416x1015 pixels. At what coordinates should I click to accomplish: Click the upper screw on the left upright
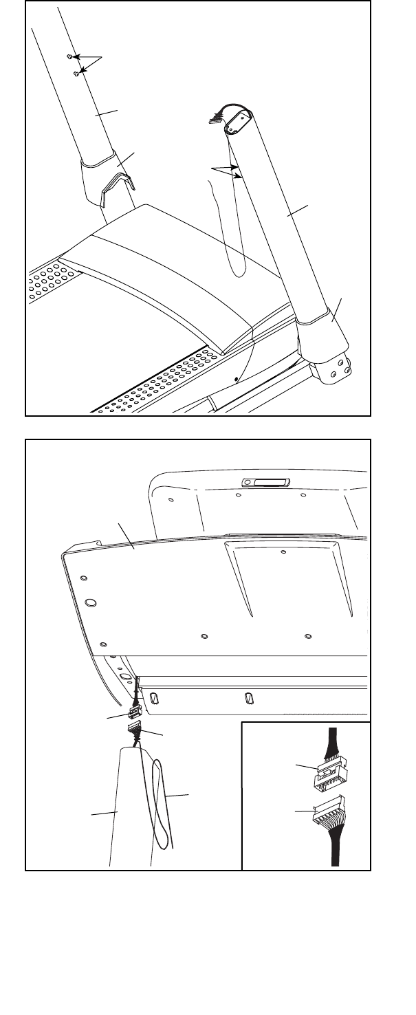click(x=70, y=56)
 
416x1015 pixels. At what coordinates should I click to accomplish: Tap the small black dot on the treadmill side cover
click(x=237, y=378)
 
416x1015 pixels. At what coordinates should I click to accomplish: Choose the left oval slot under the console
click(x=154, y=699)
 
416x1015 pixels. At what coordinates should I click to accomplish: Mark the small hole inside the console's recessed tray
click(x=284, y=552)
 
